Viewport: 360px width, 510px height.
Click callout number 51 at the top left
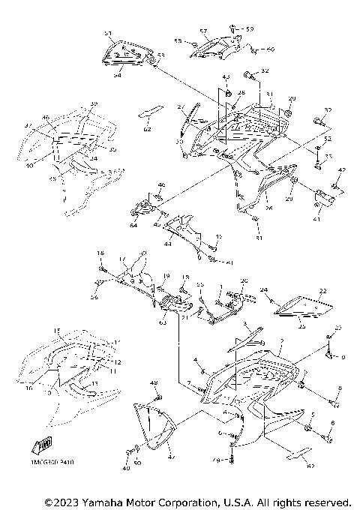coord(108,34)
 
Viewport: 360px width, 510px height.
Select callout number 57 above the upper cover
coord(203,31)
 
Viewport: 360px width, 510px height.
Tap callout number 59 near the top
coord(250,28)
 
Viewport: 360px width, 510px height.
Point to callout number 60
coord(271,49)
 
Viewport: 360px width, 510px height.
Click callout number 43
coord(226,77)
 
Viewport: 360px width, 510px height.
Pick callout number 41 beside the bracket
coord(317,220)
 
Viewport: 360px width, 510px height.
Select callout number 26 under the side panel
coord(268,208)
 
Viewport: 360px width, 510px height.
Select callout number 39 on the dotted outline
coord(94,103)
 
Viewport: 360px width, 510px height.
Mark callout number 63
coord(162,323)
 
